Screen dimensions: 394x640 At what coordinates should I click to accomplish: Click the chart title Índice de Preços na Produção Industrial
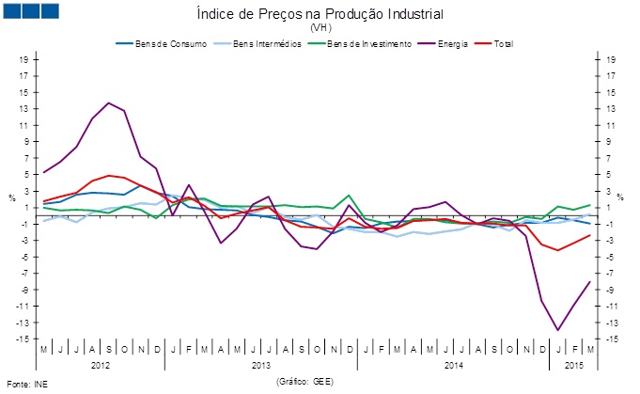320,14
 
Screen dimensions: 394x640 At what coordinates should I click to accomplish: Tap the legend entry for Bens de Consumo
158,43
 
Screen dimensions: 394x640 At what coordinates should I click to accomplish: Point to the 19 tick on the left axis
23,58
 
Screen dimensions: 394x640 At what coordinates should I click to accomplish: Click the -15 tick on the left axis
21,339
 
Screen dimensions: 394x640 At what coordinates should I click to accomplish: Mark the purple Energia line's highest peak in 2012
109,102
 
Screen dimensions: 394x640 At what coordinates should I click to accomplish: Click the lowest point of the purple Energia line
558,330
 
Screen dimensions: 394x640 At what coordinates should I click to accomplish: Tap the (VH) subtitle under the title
320,28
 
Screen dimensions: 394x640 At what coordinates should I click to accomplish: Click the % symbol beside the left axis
11,197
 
